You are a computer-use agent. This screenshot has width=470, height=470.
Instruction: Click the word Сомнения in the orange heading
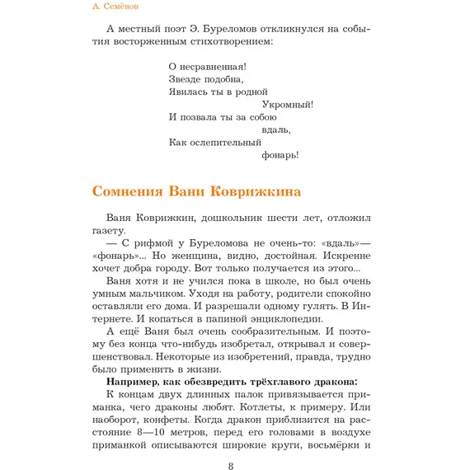tap(126, 192)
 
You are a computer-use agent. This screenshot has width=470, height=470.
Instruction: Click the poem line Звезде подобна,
tap(205, 79)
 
